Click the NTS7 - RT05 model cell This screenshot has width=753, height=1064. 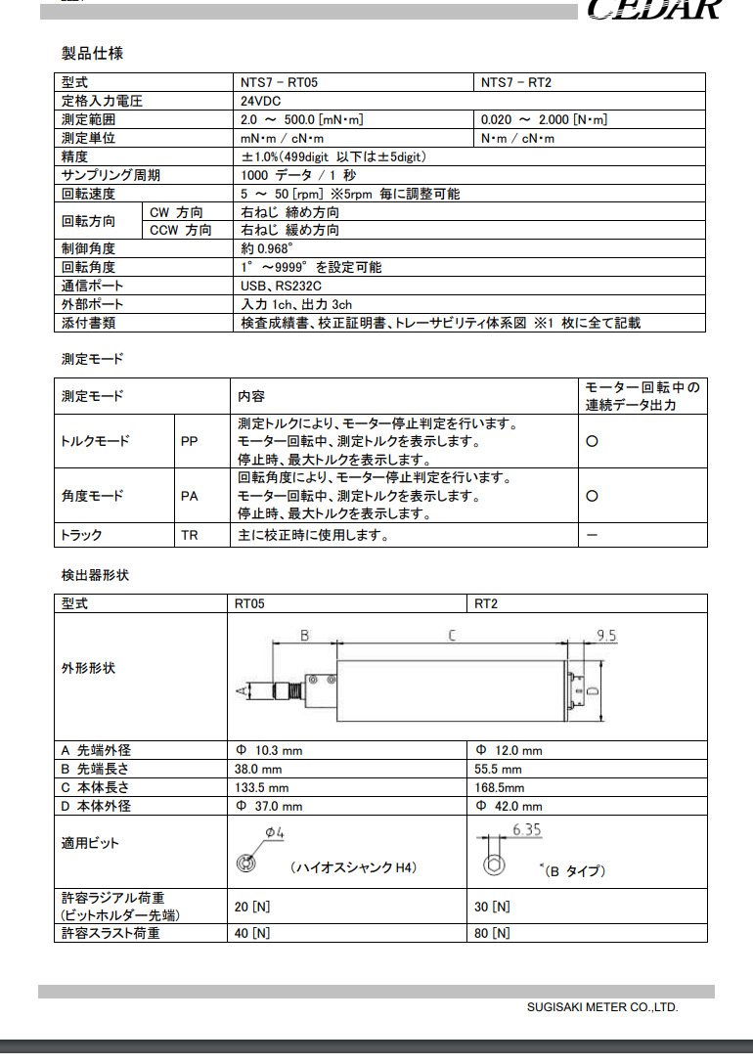[279, 83]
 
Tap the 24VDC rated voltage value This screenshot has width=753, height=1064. [262, 102]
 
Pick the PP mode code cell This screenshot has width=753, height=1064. [190, 442]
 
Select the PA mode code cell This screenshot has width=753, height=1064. [190, 497]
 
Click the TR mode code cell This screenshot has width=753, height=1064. [190, 536]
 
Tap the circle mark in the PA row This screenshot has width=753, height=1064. [592, 497]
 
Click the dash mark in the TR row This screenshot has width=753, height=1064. [592, 536]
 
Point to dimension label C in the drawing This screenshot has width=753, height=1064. [451, 636]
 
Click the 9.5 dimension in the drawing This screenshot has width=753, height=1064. [605, 636]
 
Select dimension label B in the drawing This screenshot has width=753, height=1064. [304, 636]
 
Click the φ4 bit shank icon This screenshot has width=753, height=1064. [248, 864]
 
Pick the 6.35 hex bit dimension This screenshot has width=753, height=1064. [526, 830]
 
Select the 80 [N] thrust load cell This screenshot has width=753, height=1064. [492, 934]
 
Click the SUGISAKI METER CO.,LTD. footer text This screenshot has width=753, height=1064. [601, 1006]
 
